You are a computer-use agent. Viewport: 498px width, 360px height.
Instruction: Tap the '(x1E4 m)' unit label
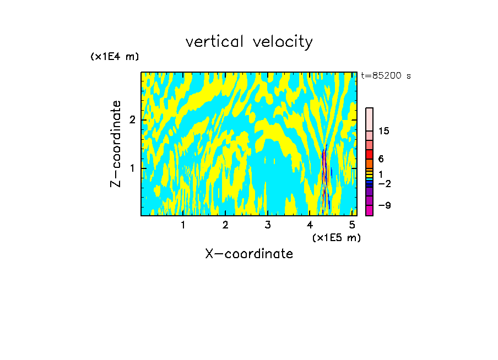click(x=115, y=57)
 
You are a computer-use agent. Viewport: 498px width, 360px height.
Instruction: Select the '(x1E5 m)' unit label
click(x=336, y=237)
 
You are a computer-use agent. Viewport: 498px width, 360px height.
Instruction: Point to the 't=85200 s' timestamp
click(x=386, y=76)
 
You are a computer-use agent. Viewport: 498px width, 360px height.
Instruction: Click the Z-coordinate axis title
click(x=116, y=144)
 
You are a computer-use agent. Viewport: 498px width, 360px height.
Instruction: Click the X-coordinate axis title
click(x=249, y=254)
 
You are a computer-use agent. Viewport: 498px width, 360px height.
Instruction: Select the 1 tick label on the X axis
click(x=183, y=225)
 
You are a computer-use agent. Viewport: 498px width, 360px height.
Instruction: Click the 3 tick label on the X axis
click(x=268, y=225)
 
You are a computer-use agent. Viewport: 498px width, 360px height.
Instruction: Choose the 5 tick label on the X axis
click(x=353, y=225)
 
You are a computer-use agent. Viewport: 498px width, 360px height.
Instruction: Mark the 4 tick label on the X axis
click(x=310, y=225)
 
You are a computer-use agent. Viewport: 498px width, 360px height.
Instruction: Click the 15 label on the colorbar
click(x=384, y=131)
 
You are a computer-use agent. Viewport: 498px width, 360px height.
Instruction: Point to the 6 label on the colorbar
click(x=381, y=159)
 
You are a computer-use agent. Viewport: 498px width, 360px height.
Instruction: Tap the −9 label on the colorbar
click(x=384, y=205)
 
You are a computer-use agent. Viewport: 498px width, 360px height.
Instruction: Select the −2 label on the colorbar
click(x=384, y=183)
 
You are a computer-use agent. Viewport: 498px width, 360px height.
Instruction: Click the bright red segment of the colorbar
click(x=370, y=154)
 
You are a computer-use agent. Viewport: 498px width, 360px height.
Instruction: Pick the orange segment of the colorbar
click(x=370, y=163)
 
